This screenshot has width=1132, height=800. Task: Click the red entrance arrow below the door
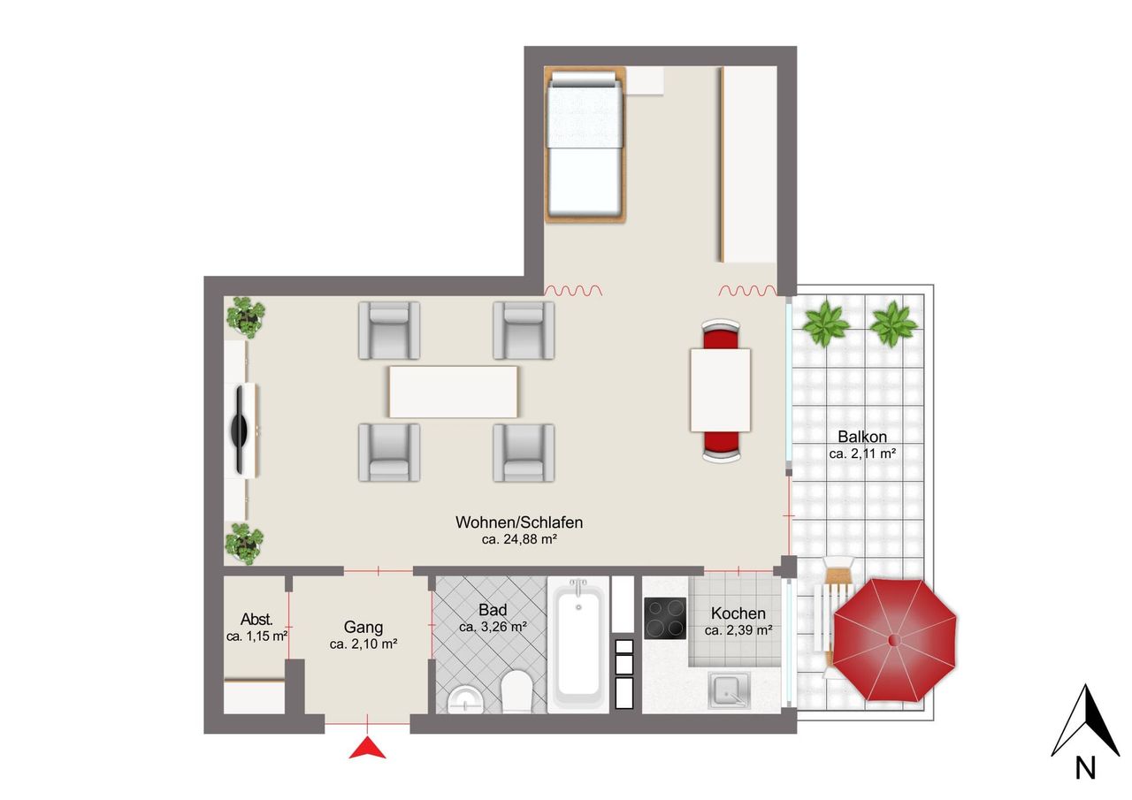tap(367, 749)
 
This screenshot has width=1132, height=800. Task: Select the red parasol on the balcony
tap(894, 641)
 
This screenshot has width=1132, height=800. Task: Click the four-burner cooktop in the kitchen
tap(665, 618)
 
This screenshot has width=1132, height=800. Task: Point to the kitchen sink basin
tap(729, 690)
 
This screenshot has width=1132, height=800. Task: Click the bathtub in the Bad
tap(578, 645)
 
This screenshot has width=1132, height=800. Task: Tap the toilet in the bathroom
tap(516, 691)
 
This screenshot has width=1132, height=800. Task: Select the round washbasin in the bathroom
tap(465, 699)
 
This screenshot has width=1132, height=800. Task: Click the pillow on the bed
tap(584, 80)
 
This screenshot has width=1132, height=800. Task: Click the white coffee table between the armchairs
tap(454, 392)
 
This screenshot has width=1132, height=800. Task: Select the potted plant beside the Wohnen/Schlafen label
tap(244, 544)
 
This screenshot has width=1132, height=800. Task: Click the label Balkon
tap(862, 437)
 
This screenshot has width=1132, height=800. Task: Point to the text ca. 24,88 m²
tap(519, 539)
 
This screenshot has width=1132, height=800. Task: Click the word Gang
tap(363, 627)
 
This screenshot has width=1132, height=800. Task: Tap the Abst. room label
tap(256, 619)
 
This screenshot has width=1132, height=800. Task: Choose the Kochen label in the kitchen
tap(738, 613)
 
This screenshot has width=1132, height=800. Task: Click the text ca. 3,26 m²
tap(493, 627)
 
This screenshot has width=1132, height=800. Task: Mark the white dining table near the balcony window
tap(721, 391)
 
